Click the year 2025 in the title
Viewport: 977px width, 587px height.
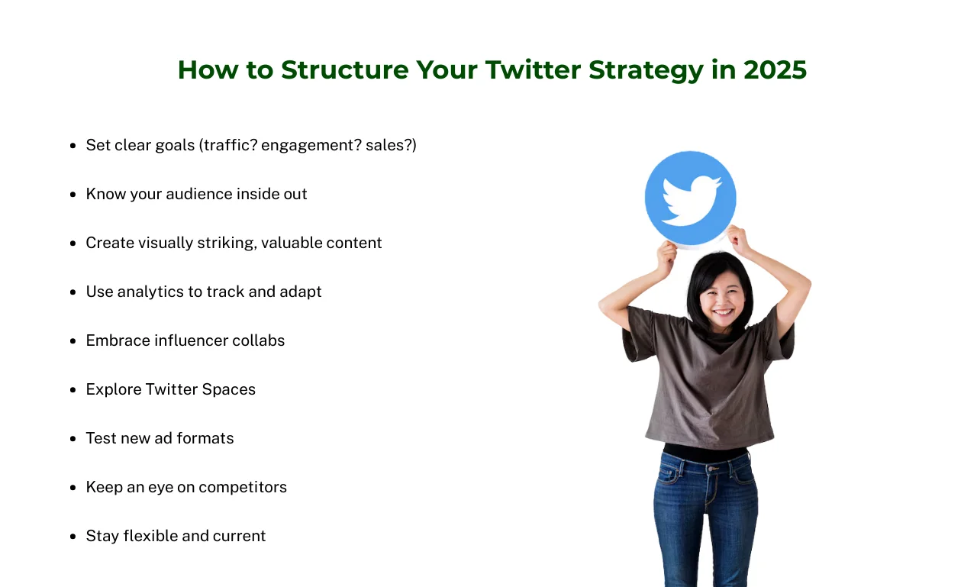tap(775, 69)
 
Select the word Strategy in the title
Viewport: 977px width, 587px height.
tap(646, 72)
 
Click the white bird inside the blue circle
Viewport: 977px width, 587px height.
tap(692, 200)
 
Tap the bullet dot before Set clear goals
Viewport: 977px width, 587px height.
tap(73, 146)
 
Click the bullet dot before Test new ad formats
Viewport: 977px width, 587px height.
tap(73, 439)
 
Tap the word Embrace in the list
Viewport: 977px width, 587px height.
tap(118, 340)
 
